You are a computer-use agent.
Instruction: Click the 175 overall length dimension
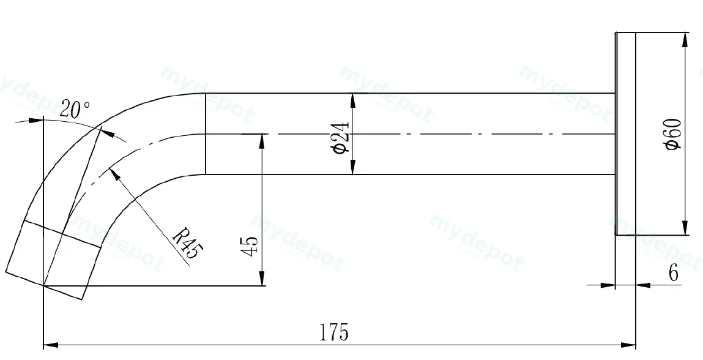click(x=333, y=332)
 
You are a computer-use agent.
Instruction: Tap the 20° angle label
click(x=75, y=109)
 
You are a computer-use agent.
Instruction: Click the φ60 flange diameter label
click(x=674, y=133)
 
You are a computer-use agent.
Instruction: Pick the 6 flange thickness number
click(x=674, y=273)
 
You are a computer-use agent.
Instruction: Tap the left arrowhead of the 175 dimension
click(x=51, y=345)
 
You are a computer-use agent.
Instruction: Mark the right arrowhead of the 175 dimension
click(x=628, y=345)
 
